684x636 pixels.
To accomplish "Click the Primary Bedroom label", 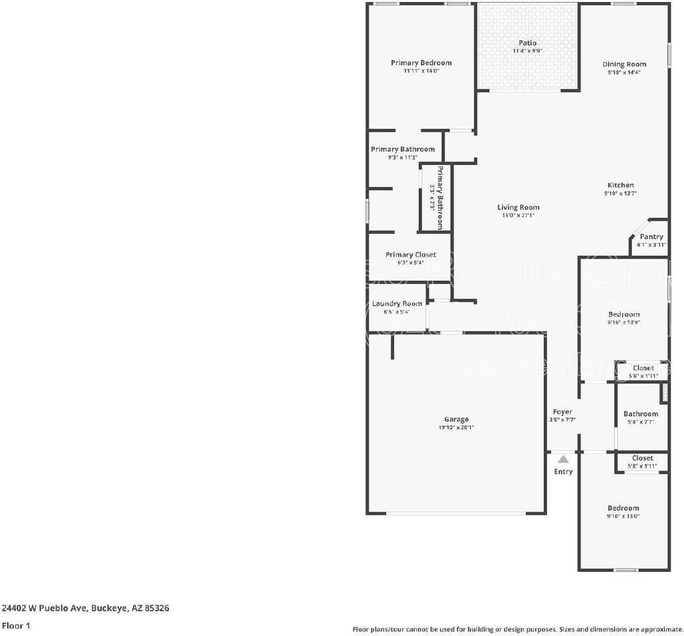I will coord(421,63).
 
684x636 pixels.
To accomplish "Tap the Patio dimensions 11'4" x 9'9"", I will coord(527,51).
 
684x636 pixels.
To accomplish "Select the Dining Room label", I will coord(624,64).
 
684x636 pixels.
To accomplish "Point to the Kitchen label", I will coord(620,185).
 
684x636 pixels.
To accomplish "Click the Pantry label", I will coord(651,236).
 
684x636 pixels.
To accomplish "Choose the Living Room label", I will coord(518,207).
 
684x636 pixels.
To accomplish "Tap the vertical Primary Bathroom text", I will coord(440,198).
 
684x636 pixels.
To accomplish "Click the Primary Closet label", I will coord(410,255).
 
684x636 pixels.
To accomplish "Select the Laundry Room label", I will coord(397,303).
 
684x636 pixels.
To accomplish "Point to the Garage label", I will coord(456,420).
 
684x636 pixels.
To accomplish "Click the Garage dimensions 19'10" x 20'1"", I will coord(456,428).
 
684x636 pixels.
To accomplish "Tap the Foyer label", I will coord(562,412).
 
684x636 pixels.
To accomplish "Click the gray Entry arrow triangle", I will coord(563,459).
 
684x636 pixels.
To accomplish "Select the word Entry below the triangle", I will coord(563,472).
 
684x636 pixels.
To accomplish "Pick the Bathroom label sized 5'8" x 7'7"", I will coord(641,414).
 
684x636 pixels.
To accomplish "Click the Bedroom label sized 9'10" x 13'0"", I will coord(623,508).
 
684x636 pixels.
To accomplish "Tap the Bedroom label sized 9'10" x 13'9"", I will coord(624,314).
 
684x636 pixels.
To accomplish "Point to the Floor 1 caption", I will coord(16,626).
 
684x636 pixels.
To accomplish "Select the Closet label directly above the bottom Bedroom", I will coord(642,458).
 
